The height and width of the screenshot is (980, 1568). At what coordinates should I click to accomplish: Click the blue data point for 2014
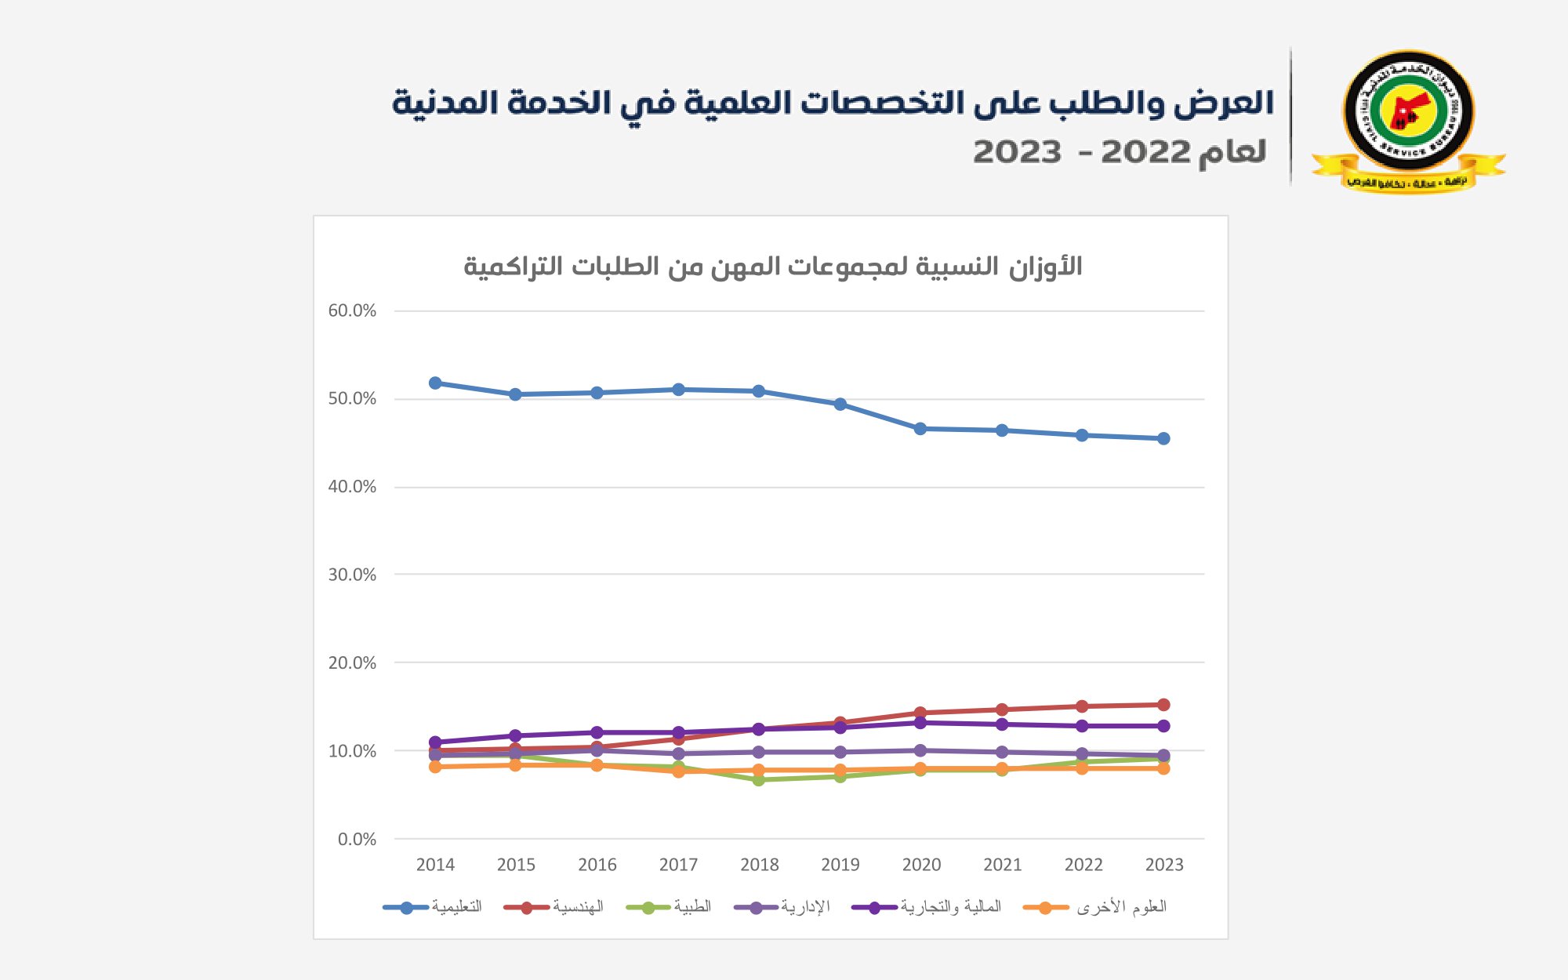click(435, 383)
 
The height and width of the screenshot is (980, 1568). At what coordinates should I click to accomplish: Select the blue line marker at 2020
click(920, 429)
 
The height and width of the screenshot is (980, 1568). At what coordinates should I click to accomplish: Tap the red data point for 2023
click(1163, 705)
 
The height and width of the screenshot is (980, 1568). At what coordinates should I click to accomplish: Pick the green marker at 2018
click(759, 779)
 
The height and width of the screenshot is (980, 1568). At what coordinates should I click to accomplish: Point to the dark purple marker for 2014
click(435, 742)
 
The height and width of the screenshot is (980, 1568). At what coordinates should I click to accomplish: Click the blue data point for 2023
click(1163, 438)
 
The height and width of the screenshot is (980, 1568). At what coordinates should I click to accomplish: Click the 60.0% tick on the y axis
click(352, 310)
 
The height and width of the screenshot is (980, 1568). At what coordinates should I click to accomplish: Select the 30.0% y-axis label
click(352, 575)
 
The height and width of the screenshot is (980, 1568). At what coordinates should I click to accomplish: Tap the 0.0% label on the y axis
click(357, 839)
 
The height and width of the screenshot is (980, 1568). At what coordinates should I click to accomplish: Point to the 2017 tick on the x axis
click(678, 865)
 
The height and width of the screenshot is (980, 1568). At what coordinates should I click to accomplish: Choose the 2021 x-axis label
click(1002, 865)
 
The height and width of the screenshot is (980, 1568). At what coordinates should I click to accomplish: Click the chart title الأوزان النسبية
click(772, 267)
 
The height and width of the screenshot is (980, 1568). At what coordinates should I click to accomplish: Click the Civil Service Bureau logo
click(1408, 119)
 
